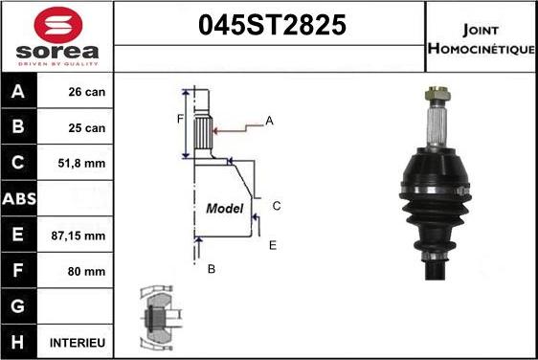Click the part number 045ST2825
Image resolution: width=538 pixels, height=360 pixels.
271,27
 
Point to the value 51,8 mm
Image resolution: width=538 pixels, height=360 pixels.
86,164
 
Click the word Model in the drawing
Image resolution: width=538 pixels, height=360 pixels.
225,208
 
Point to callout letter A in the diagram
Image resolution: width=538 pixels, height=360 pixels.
270,121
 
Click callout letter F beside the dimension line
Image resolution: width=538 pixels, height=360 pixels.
179,120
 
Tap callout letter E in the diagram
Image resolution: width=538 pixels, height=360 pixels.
273,246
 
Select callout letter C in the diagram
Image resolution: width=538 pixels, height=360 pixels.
276,206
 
